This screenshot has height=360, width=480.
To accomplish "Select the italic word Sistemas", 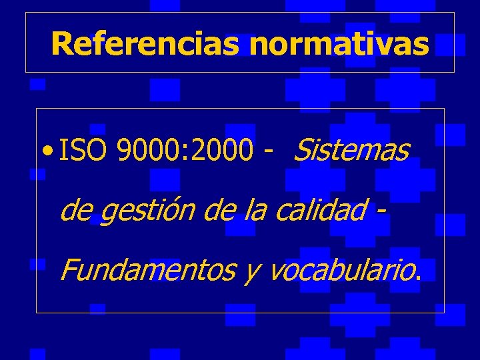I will [x=350, y=151].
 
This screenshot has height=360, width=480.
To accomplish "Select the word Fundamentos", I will [x=146, y=270].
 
